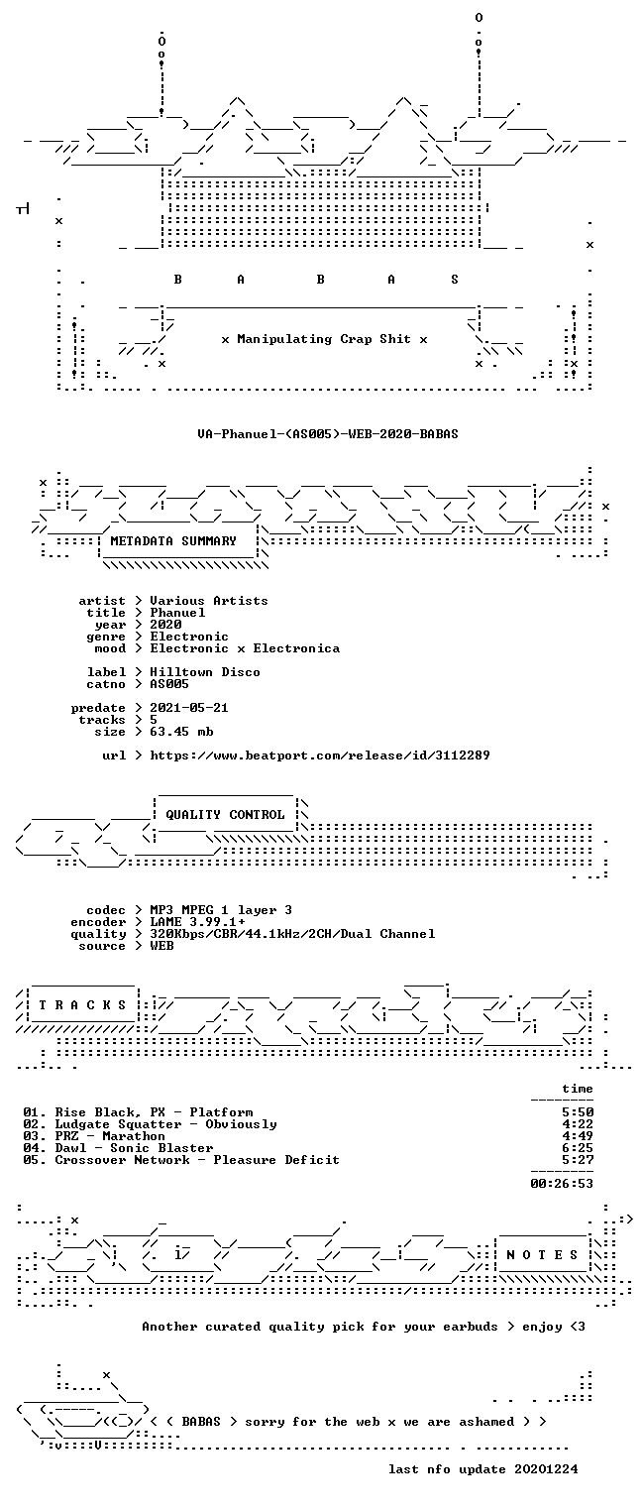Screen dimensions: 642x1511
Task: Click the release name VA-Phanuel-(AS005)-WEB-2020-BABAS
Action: [x=328, y=433]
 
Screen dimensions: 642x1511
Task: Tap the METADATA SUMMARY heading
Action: [x=173, y=541]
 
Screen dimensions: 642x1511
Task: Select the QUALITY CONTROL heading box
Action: [x=225, y=814]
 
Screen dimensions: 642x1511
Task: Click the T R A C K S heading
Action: [x=82, y=1005]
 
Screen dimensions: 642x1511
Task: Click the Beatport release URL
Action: [x=320, y=755]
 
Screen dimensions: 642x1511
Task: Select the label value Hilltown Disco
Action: [x=205, y=672]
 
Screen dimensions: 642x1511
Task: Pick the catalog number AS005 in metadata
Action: [x=169, y=684]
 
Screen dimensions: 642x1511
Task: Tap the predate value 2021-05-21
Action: [x=189, y=708]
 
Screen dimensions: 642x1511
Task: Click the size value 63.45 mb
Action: [x=181, y=732]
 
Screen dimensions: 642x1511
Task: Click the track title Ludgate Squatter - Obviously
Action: [x=165, y=1124]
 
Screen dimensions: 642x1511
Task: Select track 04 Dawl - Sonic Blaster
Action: [x=118, y=1148]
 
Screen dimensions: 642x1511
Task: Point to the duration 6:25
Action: [x=578, y=1148]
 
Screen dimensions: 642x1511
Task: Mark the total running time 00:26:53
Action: [x=562, y=1183]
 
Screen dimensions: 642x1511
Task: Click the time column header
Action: [x=578, y=1089]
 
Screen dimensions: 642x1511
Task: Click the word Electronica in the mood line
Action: [x=296, y=648]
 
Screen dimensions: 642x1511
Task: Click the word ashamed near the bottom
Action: [x=486, y=1422]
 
